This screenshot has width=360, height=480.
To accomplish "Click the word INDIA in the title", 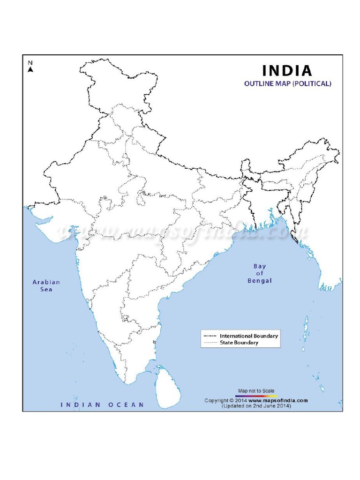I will [287, 71].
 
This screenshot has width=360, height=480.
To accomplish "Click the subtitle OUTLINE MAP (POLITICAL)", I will [288, 84].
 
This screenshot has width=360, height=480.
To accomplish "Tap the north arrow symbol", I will [30, 69].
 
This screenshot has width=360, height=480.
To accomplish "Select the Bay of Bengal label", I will [259, 274].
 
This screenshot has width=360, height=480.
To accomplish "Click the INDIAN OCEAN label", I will [102, 405].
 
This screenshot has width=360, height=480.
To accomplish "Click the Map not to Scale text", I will [256, 391].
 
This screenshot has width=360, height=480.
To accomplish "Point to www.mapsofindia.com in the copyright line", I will [278, 401].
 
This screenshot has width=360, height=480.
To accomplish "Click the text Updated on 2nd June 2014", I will [256, 406].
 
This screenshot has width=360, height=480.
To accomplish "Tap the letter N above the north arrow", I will [30, 63].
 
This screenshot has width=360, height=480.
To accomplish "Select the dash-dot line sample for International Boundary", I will [210, 336].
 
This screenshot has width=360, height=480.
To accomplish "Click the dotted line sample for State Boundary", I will [210, 343].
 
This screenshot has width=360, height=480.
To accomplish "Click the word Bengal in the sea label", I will [259, 281].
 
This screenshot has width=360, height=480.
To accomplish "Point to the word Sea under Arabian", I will [46, 289].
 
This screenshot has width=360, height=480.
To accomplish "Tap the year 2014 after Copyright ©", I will [240, 401].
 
